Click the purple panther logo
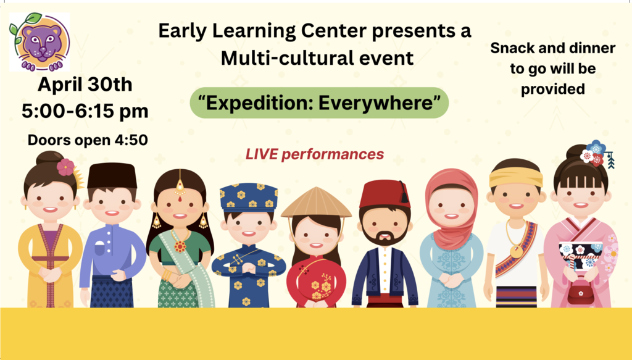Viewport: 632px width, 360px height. (x=39, y=42)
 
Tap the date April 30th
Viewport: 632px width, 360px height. (x=85, y=85)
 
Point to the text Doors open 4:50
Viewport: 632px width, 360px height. (x=88, y=140)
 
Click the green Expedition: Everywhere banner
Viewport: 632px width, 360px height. (x=319, y=103)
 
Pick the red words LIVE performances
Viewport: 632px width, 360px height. (x=315, y=154)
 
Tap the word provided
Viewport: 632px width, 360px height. (x=552, y=89)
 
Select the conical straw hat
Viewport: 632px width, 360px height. (x=317, y=203)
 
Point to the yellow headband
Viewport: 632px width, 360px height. (x=516, y=177)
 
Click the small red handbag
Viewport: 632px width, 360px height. (x=581, y=294)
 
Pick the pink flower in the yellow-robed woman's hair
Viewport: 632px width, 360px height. (x=65, y=167)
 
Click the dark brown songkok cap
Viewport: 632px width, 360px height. (x=112, y=176)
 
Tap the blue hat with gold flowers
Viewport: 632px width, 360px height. (x=249, y=198)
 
